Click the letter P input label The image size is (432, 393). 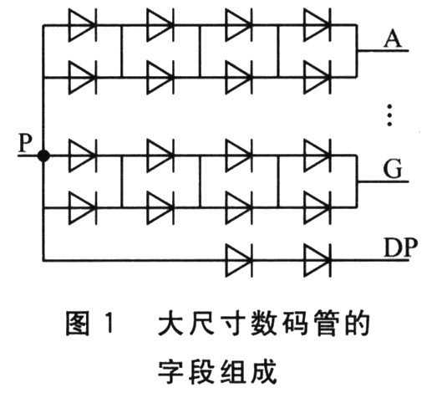[x=25, y=142]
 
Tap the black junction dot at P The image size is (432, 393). [x=43, y=156]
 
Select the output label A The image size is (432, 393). [x=393, y=38]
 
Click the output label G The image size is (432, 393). [x=393, y=168]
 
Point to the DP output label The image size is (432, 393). [x=401, y=248]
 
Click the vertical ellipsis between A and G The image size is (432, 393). [x=389, y=115]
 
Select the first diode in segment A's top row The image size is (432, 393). [x=83, y=25]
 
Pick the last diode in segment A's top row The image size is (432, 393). [x=318, y=25]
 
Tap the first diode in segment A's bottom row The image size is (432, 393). [x=83, y=77]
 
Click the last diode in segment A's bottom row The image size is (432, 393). [x=318, y=77]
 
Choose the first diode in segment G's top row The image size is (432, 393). [x=83, y=156]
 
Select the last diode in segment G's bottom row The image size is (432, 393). [x=318, y=207]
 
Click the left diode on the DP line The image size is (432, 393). [x=239, y=260]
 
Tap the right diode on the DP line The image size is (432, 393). [x=318, y=260]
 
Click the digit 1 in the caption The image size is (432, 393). [x=109, y=324]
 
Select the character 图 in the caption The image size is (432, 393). [x=78, y=324]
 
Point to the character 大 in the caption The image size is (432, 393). [x=170, y=324]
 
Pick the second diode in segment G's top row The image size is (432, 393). [x=160, y=156]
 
